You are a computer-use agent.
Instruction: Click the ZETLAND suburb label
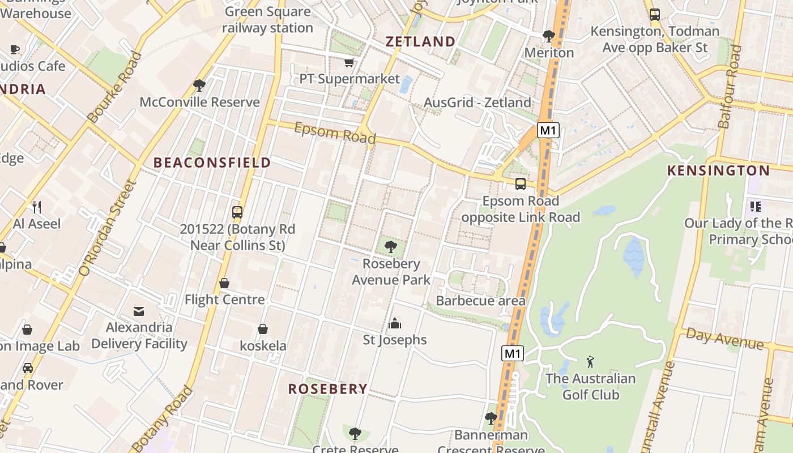click(x=420, y=41)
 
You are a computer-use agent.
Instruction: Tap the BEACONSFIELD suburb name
click(x=212, y=163)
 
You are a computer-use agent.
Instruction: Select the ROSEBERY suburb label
click(x=328, y=389)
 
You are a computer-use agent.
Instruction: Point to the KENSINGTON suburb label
click(x=718, y=170)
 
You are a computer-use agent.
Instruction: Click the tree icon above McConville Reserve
click(x=199, y=86)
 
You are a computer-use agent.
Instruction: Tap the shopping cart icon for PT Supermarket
click(x=349, y=62)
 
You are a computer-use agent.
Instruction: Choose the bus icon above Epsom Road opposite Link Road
click(x=520, y=184)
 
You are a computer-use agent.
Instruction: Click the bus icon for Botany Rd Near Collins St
click(x=237, y=212)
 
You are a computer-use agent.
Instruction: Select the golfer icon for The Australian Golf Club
click(x=590, y=361)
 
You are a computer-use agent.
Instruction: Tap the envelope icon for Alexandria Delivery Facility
click(x=139, y=311)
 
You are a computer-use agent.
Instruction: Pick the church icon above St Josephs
click(x=394, y=323)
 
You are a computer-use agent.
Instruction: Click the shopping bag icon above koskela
click(x=263, y=329)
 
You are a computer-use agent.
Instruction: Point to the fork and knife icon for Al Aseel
click(x=37, y=207)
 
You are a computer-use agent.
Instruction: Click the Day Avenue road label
click(x=724, y=338)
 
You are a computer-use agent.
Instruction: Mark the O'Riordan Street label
click(x=109, y=228)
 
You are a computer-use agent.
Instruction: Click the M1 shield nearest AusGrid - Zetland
click(x=548, y=131)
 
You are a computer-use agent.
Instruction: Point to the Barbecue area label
click(x=480, y=301)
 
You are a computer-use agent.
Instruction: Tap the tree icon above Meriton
click(x=548, y=36)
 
